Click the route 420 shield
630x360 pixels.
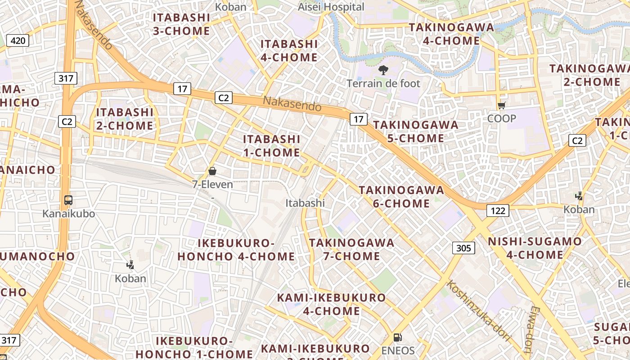coord(18,41)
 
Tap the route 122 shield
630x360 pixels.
coord(497,210)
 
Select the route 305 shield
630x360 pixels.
coord(463,247)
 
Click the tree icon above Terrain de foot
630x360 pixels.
coord(383,70)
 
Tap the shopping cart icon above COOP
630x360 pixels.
coord(501,106)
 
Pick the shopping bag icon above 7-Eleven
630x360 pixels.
coord(212,171)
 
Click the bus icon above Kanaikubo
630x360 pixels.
coord(68,200)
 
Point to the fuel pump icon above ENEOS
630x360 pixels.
coord(398,337)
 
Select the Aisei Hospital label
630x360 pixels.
coord(331,7)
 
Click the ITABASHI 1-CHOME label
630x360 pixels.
coord(272,145)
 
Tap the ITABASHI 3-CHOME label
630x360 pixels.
coord(181,24)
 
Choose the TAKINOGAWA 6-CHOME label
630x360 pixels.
coord(401,197)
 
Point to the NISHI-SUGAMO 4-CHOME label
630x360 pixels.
coord(535,248)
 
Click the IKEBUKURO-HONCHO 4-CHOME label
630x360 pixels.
coord(236,250)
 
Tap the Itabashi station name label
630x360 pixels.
coord(305,203)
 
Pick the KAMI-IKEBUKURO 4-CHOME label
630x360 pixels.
coord(331,304)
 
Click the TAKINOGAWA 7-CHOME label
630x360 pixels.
coord(351,249)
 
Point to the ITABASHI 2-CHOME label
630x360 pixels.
coord(125,118)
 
